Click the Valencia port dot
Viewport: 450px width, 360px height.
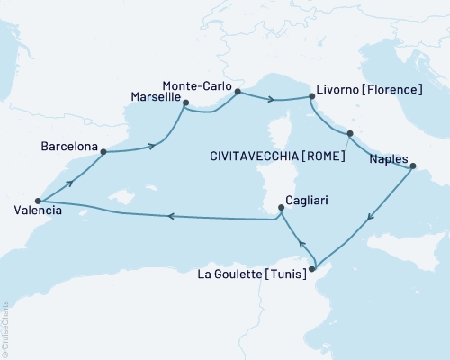[x=38, y=201]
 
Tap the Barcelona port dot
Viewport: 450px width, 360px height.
[x=103, y=151]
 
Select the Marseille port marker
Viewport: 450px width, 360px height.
[x=185, y=103]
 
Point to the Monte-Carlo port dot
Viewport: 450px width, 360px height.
[x=238, y=91]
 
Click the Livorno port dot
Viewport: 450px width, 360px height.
[x=310, y=99]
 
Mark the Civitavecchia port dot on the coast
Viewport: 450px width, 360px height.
[x=350, y=134]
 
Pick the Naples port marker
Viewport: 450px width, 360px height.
[x=412, y=166]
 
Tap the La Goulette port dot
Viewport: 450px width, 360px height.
[x=312, y=268]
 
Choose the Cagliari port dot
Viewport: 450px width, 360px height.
[x=282, y=209]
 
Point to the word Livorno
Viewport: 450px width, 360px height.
[x=337, y=90]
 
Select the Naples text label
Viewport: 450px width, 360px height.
[x=388, y=155]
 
